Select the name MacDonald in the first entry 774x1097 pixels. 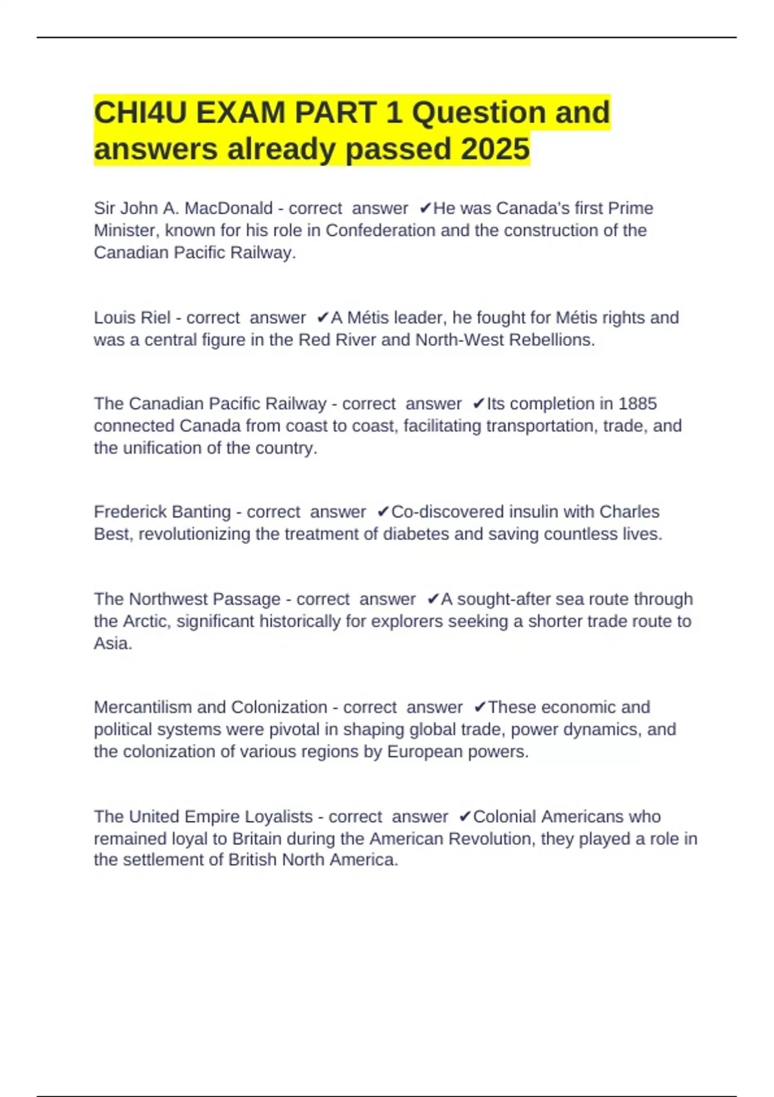228,208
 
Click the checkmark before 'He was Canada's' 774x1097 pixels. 425,208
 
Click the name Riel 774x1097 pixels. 157,317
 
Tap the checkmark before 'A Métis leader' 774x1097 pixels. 322,317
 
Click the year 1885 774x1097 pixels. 637,403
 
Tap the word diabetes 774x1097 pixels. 417,534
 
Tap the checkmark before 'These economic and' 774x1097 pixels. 479,707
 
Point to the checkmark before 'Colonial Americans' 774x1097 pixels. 464,816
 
